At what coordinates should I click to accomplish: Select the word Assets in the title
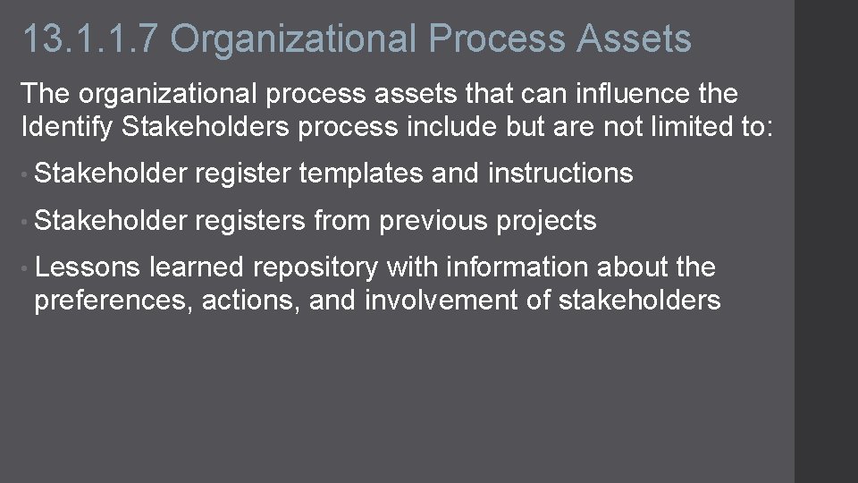click(x=635, y=39)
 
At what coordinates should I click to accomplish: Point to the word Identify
click(x=66, y=127)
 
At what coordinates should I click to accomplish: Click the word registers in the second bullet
click(x=249, y=220)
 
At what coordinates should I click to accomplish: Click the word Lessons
click(x=87, y=267)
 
